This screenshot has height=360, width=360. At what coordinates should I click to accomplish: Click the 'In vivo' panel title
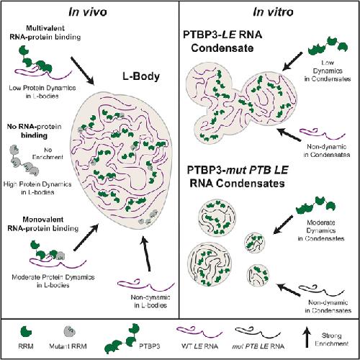click(x=88, y=12)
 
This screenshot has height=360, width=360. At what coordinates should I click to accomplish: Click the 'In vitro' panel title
click(x=273, y=12)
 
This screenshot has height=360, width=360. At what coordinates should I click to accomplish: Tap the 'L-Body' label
click(x=141, y=76)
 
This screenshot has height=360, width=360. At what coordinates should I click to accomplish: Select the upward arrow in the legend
click(x=307, y=338)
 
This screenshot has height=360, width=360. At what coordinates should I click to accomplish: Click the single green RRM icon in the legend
click(x=26, y=332)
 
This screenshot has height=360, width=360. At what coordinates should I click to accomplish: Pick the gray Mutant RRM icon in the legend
click(x=69, y=332)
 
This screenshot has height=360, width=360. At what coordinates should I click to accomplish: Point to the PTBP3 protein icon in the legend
click(x=122, y=338)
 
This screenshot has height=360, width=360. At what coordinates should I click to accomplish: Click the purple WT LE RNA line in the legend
click(x=199, y=333)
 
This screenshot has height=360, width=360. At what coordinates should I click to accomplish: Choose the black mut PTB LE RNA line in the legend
click(x=258, y=333)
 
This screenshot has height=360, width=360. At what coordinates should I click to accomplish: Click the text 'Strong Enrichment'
click(x=331, y=339)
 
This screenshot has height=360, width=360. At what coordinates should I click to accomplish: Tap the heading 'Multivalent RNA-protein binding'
click(x=45, y=32)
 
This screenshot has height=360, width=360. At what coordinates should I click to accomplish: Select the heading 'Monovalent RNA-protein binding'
click(x=43, y=224)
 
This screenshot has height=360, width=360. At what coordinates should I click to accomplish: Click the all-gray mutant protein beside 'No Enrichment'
click(x=24, y=161)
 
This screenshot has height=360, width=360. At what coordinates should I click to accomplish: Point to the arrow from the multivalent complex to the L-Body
click(x=82, y=71)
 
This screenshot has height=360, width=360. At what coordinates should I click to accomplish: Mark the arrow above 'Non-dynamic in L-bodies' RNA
click(x=146, y=253)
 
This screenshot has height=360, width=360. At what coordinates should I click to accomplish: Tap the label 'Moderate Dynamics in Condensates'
click(x=321, y=230)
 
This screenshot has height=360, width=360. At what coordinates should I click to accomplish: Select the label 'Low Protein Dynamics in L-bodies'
click(x=42, y=92)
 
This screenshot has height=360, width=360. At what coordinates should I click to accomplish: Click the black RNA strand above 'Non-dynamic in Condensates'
click(x=322, y=290)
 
